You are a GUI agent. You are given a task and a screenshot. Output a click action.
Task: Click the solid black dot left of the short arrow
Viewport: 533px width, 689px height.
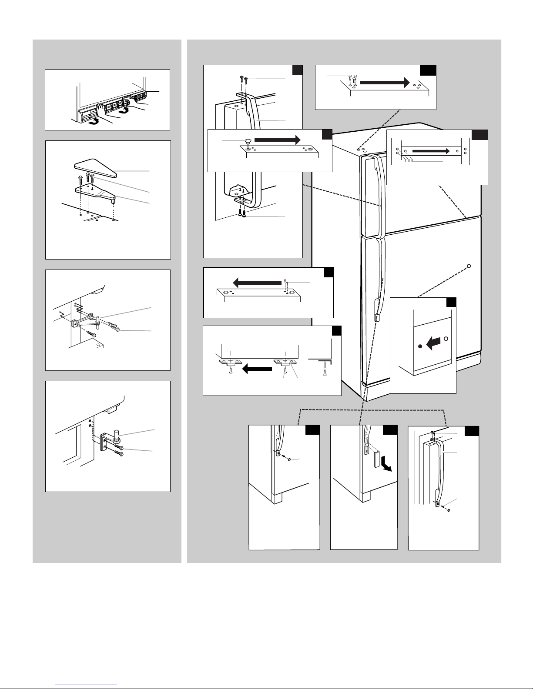pos(419,346)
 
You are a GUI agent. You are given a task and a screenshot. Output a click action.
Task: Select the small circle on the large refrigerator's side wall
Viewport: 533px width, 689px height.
pos(469,266)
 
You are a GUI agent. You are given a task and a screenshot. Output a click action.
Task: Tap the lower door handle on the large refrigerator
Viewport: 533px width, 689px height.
pos(379,278)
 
